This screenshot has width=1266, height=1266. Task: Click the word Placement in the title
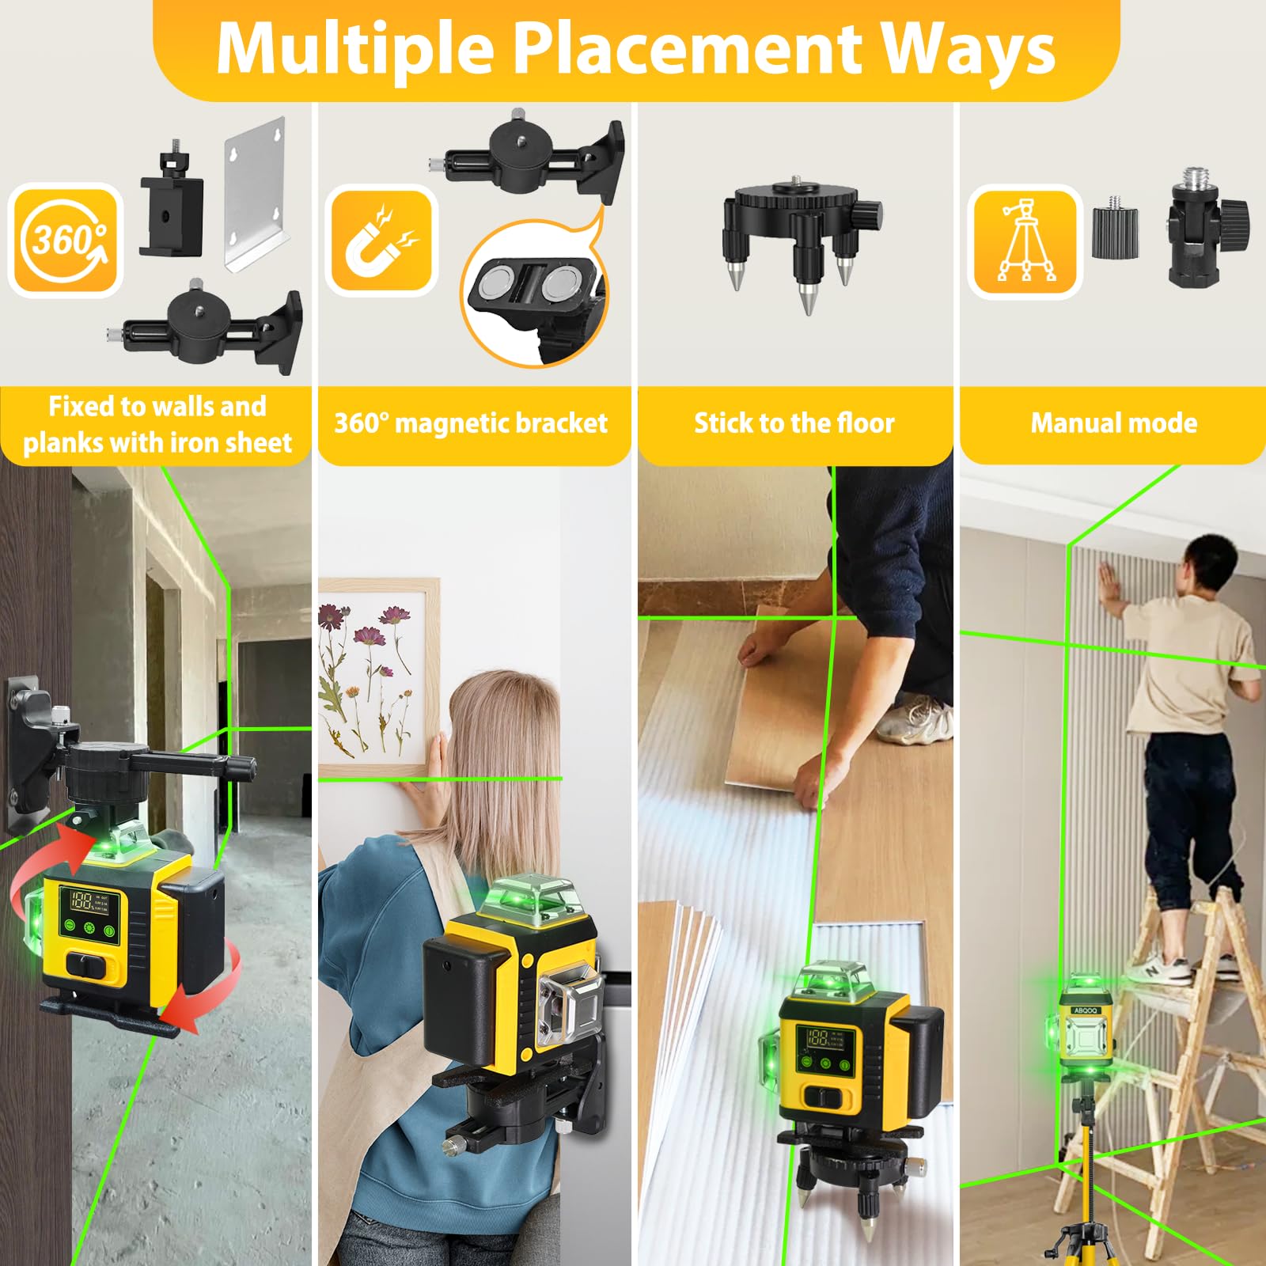click(687, 49)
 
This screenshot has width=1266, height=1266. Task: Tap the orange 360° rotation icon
click(66, 240)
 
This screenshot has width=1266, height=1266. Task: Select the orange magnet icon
click(381, 241)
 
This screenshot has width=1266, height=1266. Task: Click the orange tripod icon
click(1025, 241)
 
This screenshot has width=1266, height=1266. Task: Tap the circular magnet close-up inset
click(535, 294)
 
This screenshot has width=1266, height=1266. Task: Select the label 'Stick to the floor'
click(794, 423)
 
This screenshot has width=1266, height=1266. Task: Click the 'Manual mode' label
click(1113, 423)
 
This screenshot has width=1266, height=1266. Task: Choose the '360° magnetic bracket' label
click(471, 423)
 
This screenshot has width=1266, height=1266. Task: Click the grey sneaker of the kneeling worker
click(915, 718)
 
